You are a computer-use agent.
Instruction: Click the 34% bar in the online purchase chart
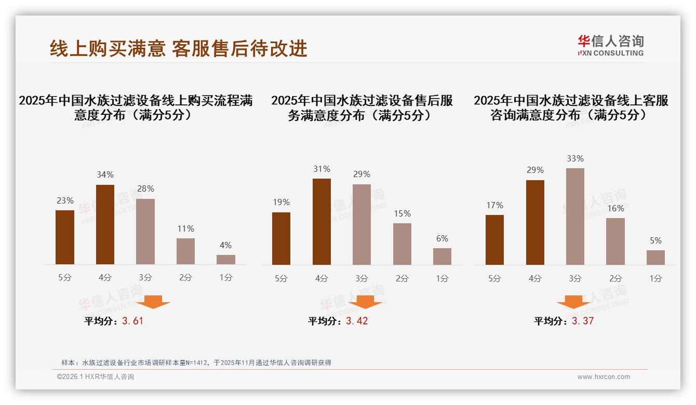tap(105, 224)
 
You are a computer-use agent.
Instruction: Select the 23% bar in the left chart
tap(65, 237)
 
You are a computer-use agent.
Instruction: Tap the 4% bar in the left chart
tap(226, 260)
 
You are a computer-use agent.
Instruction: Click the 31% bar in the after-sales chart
tap(322, 222)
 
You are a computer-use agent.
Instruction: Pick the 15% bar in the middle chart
tap(402, 244)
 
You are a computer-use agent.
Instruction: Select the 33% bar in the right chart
tap(575, 217)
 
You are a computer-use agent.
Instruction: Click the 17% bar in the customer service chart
tap(494, 240)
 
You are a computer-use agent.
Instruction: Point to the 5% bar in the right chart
tap(655, 258)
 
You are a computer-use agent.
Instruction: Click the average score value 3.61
tap(132, 321)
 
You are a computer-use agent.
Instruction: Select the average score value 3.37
tap(583, 321)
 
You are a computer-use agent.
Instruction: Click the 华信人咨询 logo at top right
tap(610, 45)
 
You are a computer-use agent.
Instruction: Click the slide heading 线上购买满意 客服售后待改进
tap(179, 48)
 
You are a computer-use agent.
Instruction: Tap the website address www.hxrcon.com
tap(604, 377)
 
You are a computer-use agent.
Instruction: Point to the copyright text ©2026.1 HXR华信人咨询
tap(96, 377)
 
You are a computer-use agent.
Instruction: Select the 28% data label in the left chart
tap(145, 189)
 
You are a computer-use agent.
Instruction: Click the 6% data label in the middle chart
tap(442, 239)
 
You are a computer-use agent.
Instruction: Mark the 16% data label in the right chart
tap(615, 208)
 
